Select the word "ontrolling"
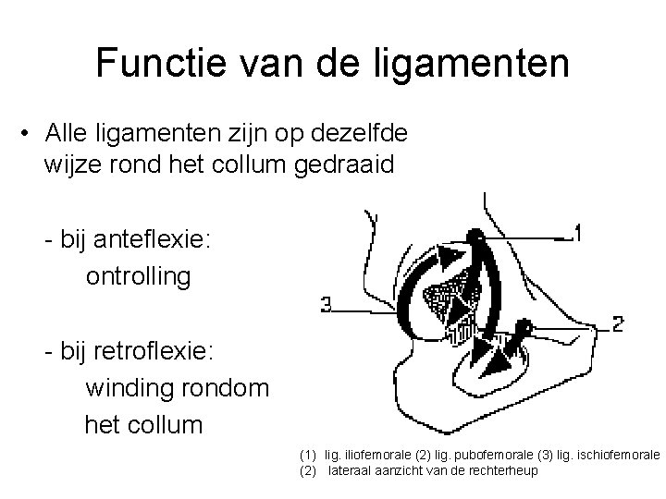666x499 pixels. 139,276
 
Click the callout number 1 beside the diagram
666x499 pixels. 577,233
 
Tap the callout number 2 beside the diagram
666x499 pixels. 618,323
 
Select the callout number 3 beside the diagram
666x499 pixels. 327,304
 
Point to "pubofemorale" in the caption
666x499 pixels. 462,456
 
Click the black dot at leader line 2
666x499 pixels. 524,325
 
